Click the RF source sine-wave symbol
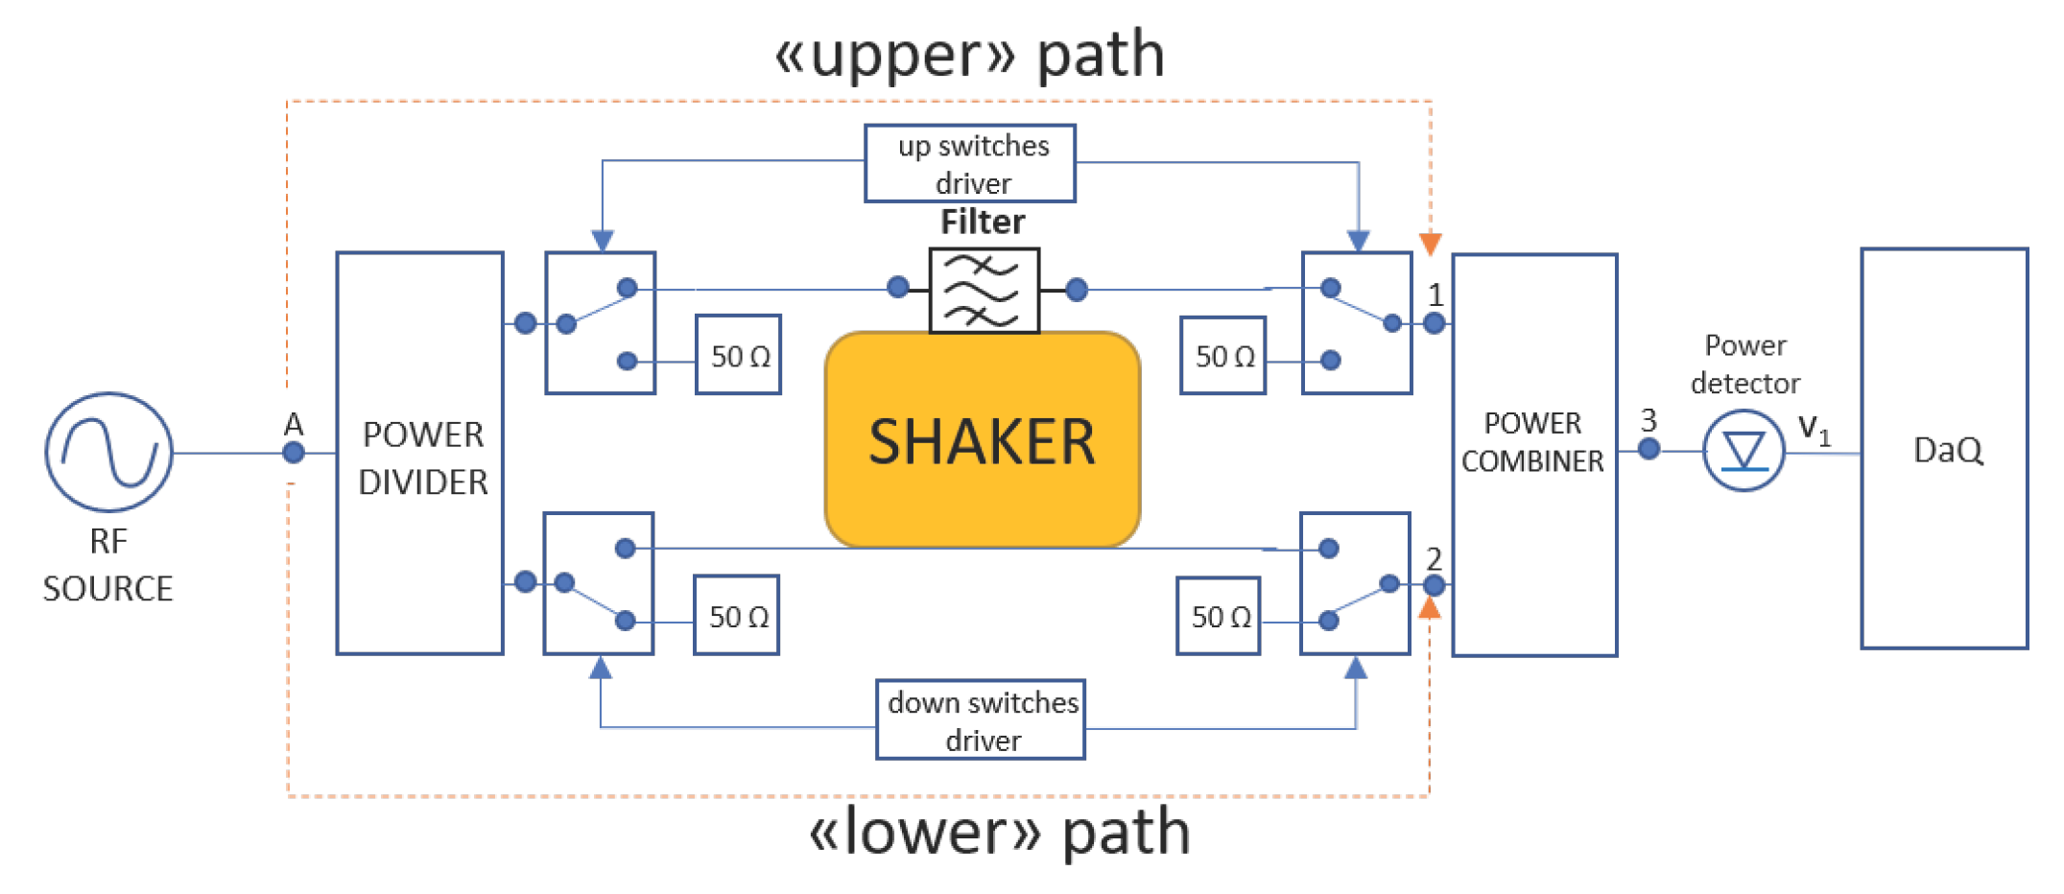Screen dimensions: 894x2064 coord(108,452)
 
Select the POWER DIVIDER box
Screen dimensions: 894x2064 coord(420,453)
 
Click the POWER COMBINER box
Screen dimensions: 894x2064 coord(1534,455)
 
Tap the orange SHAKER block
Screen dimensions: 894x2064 coord(983,440)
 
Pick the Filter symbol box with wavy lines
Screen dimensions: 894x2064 coord(984,291)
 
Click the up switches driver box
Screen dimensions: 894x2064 coord(970,163)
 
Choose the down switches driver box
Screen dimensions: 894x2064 coord(981,719)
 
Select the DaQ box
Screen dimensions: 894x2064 coord(1944,449)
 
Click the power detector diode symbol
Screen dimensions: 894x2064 coord(1744,451)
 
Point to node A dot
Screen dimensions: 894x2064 coord(294,453)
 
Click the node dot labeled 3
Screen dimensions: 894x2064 coord(1649,448)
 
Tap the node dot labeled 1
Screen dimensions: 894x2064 coord(1435,323)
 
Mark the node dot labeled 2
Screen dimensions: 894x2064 coord(1435,585)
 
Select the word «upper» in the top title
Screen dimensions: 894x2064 coord(894,55)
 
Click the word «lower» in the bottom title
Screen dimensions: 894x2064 coord(925,832)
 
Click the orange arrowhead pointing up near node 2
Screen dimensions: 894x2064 coord(1430,608)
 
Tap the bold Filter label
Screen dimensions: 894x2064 coord(983,222)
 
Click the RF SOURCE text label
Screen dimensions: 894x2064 coord(108,565)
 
